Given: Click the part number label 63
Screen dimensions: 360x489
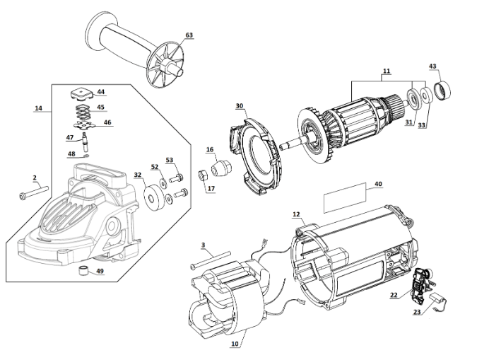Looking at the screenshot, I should tap(189, 35).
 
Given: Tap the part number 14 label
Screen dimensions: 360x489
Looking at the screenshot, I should tap(38, 108).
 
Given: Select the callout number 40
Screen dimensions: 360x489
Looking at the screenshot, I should tap(378, 184).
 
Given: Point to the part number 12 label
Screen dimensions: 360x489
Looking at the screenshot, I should tap(296, 214).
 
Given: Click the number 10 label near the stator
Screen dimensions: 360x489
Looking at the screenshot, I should tap(235, 344).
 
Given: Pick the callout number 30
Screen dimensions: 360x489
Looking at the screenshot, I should tap(240, 106).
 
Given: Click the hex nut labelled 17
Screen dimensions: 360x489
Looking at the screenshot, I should tap(200, 175).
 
